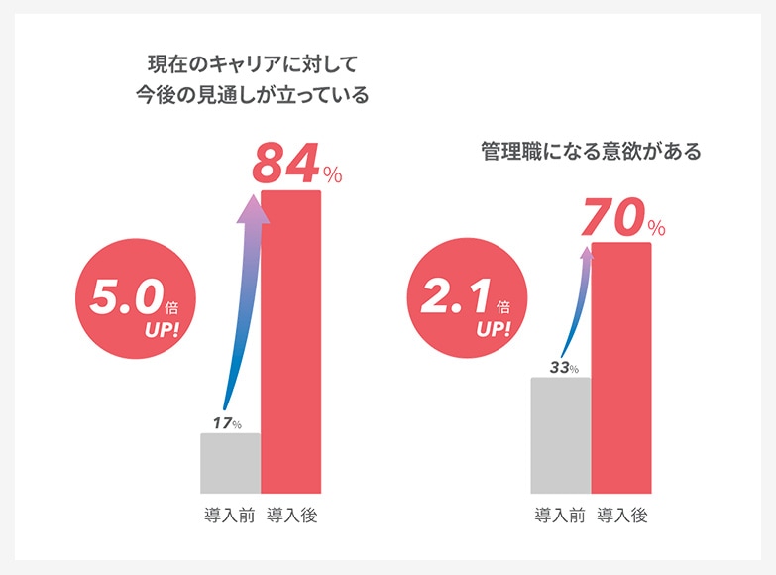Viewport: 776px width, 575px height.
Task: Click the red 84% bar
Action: [290, 342]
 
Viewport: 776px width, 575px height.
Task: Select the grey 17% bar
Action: [230, 463]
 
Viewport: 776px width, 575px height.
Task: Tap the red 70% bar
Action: [621, 368]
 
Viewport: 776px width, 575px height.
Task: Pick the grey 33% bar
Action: [561, 435]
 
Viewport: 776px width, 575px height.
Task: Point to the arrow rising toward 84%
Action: [244, 297]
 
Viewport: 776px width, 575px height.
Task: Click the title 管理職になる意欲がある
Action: [590, 152]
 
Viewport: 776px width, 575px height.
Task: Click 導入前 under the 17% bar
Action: [229, 516]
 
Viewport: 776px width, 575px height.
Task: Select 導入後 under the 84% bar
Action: [291, 516]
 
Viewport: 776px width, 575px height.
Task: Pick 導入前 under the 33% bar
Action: [560, 516]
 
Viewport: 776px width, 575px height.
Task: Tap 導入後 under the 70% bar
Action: [622, 516]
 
